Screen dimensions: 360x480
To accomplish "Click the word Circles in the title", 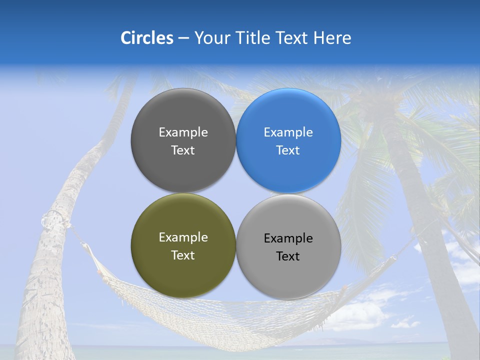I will [x=146, y=38].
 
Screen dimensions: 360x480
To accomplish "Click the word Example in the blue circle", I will [x=288, y=132].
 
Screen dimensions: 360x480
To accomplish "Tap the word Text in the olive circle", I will [x=183, y=255].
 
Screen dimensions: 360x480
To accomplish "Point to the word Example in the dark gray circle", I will [x=183, y=132].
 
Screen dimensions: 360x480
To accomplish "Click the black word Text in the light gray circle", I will [x=288, y=256].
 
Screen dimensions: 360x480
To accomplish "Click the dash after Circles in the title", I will [x=183, y=38].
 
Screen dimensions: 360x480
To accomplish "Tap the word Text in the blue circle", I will [x=288, y=150].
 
